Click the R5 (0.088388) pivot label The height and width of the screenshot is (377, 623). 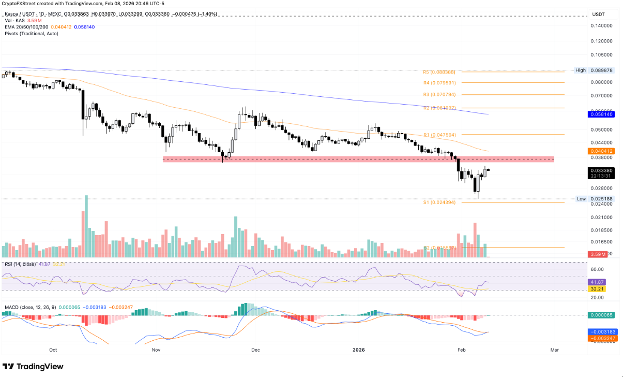[439, 72]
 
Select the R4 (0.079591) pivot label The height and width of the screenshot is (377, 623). [439, 82]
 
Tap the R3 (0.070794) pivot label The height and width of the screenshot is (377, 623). [439, 95]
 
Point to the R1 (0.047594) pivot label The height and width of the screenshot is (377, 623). [439, 135]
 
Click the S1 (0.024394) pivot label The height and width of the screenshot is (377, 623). [439, 202]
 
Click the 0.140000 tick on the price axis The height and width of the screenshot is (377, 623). [602, 25]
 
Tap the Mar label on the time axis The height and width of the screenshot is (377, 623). [555, 350]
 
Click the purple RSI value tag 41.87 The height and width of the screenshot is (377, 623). [598, 282]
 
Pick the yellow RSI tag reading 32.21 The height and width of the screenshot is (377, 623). [598, 288]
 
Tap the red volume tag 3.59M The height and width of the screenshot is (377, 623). [598, 254]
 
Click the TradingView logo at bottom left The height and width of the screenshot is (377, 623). [33, 367]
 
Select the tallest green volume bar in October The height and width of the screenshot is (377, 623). [86, 226]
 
